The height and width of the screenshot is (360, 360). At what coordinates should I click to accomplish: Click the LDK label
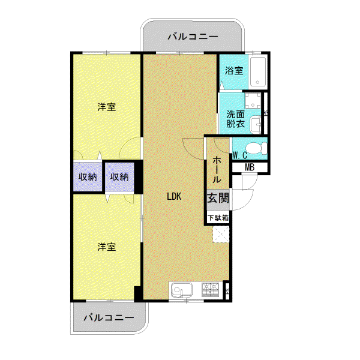point(174,197)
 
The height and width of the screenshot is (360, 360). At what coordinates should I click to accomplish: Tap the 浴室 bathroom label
point(234,70)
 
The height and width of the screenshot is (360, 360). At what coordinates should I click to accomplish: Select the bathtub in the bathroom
point(258,71)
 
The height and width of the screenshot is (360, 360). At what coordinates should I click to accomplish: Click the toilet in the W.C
point(256,148)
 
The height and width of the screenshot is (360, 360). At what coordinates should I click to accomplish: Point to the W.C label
point(240,155)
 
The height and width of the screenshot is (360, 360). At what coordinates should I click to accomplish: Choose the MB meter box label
point(250,167)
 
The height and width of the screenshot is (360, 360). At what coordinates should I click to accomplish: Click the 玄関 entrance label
point(218,197)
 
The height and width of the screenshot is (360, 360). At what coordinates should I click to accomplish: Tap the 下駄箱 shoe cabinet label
point(218,218)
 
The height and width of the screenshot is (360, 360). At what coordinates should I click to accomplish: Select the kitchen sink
point(182,290)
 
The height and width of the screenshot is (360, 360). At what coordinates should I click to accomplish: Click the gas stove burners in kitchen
point(210,290)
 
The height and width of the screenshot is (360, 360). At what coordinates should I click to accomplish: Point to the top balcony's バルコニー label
point(193,37)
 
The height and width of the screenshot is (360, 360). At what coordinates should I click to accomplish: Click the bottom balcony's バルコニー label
point(109,317)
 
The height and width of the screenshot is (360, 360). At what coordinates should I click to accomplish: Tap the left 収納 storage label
point(88,177)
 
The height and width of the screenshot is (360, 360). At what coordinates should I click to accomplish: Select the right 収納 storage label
point(119,177)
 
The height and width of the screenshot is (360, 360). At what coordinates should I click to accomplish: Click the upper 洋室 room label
point(107,107)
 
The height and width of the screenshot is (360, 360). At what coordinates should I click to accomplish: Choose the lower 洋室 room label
point(107,247)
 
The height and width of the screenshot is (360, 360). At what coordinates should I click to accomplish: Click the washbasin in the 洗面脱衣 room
point(256,124)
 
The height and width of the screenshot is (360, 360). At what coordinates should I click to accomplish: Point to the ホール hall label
point(217,169)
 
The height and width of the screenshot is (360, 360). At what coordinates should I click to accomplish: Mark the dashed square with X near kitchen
point(221,234)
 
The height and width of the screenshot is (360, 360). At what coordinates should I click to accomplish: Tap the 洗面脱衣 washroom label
point(236,119)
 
